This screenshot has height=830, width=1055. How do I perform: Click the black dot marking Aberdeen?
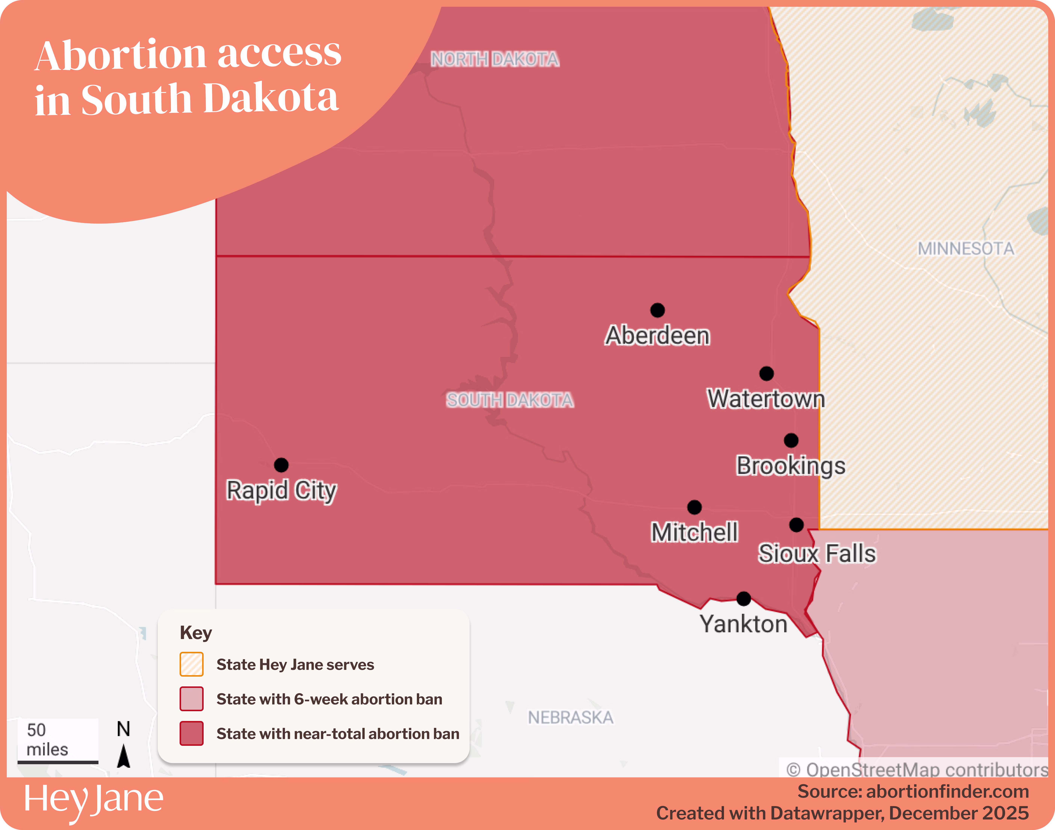click(x=657, y=310)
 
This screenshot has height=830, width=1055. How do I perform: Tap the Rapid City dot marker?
click(x=281, y=465)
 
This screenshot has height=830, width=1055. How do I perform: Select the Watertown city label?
click(x=766, y=399)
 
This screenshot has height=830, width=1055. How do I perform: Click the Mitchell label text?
click(x=695, y=532)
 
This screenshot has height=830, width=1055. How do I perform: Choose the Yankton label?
click(x=743, y=624)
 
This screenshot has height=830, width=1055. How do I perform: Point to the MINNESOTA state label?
click(x=966, y=249)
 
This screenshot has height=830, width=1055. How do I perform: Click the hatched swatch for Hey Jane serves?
click(x=191, y=664)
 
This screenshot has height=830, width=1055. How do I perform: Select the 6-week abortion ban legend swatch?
click(x=191, y=699)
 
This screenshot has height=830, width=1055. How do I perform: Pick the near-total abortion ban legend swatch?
click(x=191, y=733)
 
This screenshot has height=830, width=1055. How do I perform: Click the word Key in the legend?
click(x=196, y=633)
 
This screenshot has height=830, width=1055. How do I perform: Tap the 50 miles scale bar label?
click(x=47, y=740)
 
